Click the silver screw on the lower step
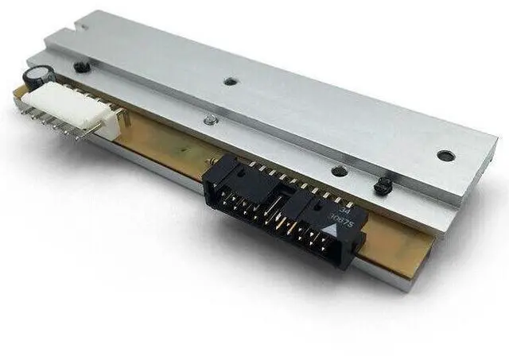click(208, 120)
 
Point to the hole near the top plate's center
click(230, 81)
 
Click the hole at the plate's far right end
click(445, 156)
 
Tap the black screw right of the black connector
click(383, 186)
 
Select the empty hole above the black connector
click(339, 171)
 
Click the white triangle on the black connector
click(326, 229)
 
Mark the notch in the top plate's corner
click(76, 26)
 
